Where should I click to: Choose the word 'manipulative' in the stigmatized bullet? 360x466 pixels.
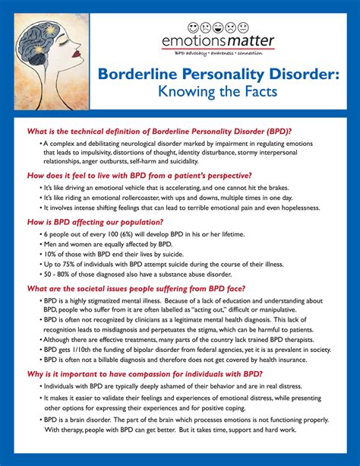(276, 310)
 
